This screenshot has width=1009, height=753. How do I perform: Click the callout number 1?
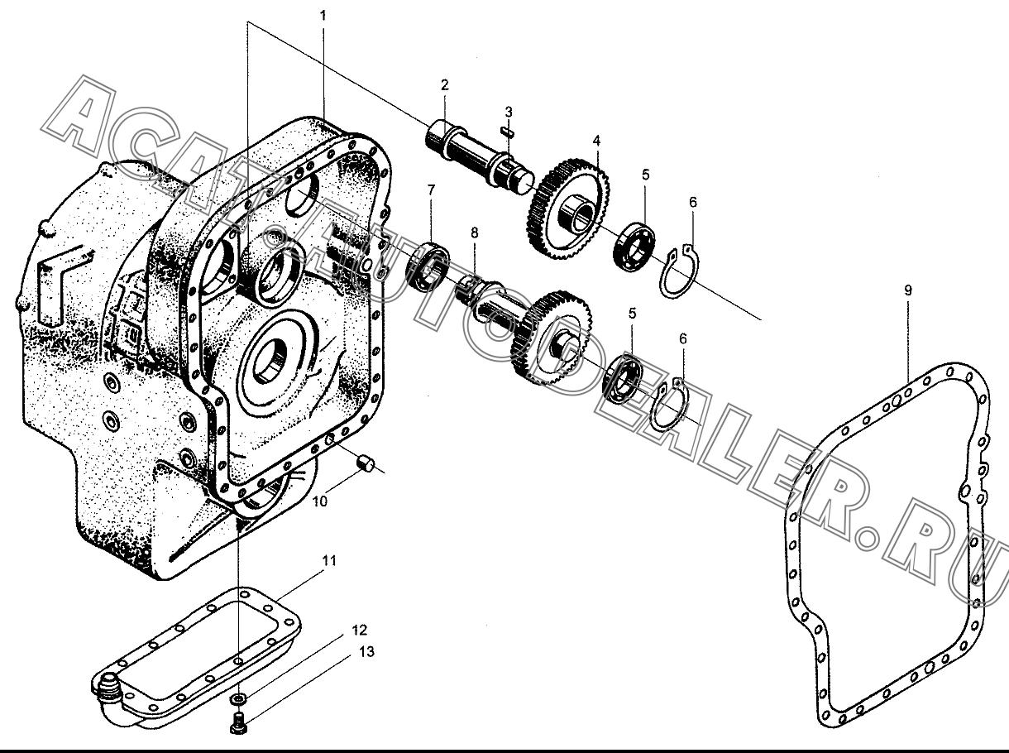click(x=323, y=16)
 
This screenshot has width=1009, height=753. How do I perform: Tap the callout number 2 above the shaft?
click(x=444, y=85)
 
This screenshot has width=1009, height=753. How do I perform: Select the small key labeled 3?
click(x=508, y=131)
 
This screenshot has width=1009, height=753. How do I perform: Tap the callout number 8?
click(x=474, y=233)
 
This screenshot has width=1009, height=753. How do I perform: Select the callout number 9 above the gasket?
click(x=907, y=290)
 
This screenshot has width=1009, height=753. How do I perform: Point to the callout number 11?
click(x=328, y=560)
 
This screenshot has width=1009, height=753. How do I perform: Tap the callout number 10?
click(x=320, y=501)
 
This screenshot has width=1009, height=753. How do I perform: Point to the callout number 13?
click(x=366, y=651)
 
